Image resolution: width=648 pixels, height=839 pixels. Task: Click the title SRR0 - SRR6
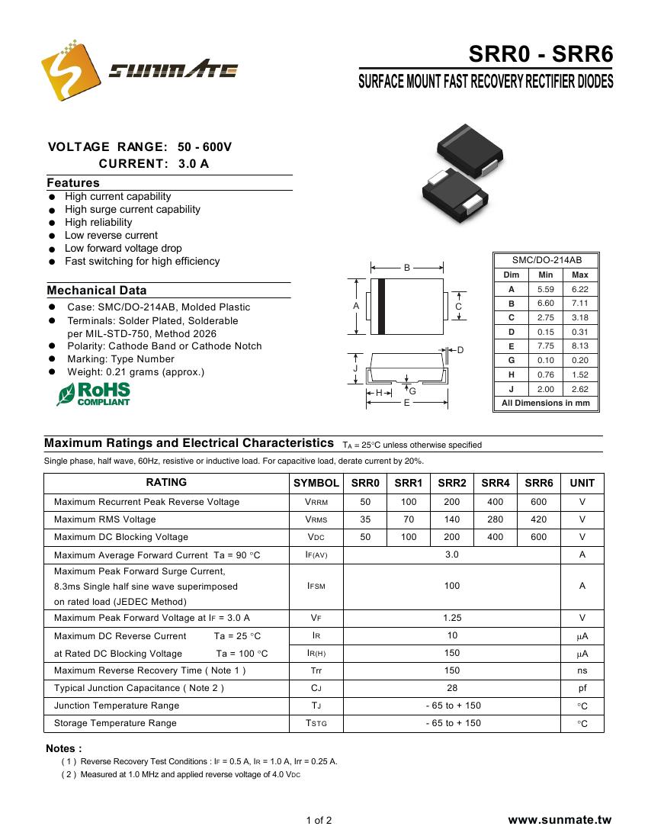tap(540, 55)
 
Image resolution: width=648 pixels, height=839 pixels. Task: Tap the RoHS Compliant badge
tap(94, 394)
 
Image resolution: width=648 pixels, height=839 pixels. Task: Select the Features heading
tap(73, 183)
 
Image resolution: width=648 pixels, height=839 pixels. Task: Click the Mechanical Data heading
tap(97, 291)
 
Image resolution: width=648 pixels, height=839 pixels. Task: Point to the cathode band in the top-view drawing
tap(382, 306)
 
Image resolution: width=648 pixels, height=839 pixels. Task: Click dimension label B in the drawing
tap(407, 268)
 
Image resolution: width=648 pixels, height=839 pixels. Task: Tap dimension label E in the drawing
tap(407, 402)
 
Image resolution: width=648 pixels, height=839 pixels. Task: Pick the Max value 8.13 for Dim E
tap(579, 346)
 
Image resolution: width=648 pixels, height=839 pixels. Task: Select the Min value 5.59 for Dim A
tap(545, 289)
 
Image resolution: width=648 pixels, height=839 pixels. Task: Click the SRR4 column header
tap(496, 483)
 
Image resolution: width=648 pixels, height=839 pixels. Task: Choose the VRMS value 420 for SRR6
tap(539, 519)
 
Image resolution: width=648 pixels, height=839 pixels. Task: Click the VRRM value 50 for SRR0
tap(365, 502)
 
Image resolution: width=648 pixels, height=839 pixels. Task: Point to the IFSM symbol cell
tap(316, 587)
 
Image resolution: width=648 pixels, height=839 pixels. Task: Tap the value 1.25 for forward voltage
tap(452, 618)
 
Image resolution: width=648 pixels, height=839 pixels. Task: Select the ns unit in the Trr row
tap(582, 670)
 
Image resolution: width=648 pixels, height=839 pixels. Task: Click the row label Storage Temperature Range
tap(115, 723)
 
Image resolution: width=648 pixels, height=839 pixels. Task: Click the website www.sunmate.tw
tap(560, 821)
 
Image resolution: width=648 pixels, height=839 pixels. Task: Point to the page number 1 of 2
tap(319, 821)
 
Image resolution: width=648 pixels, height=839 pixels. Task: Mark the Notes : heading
tap(64, 748)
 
